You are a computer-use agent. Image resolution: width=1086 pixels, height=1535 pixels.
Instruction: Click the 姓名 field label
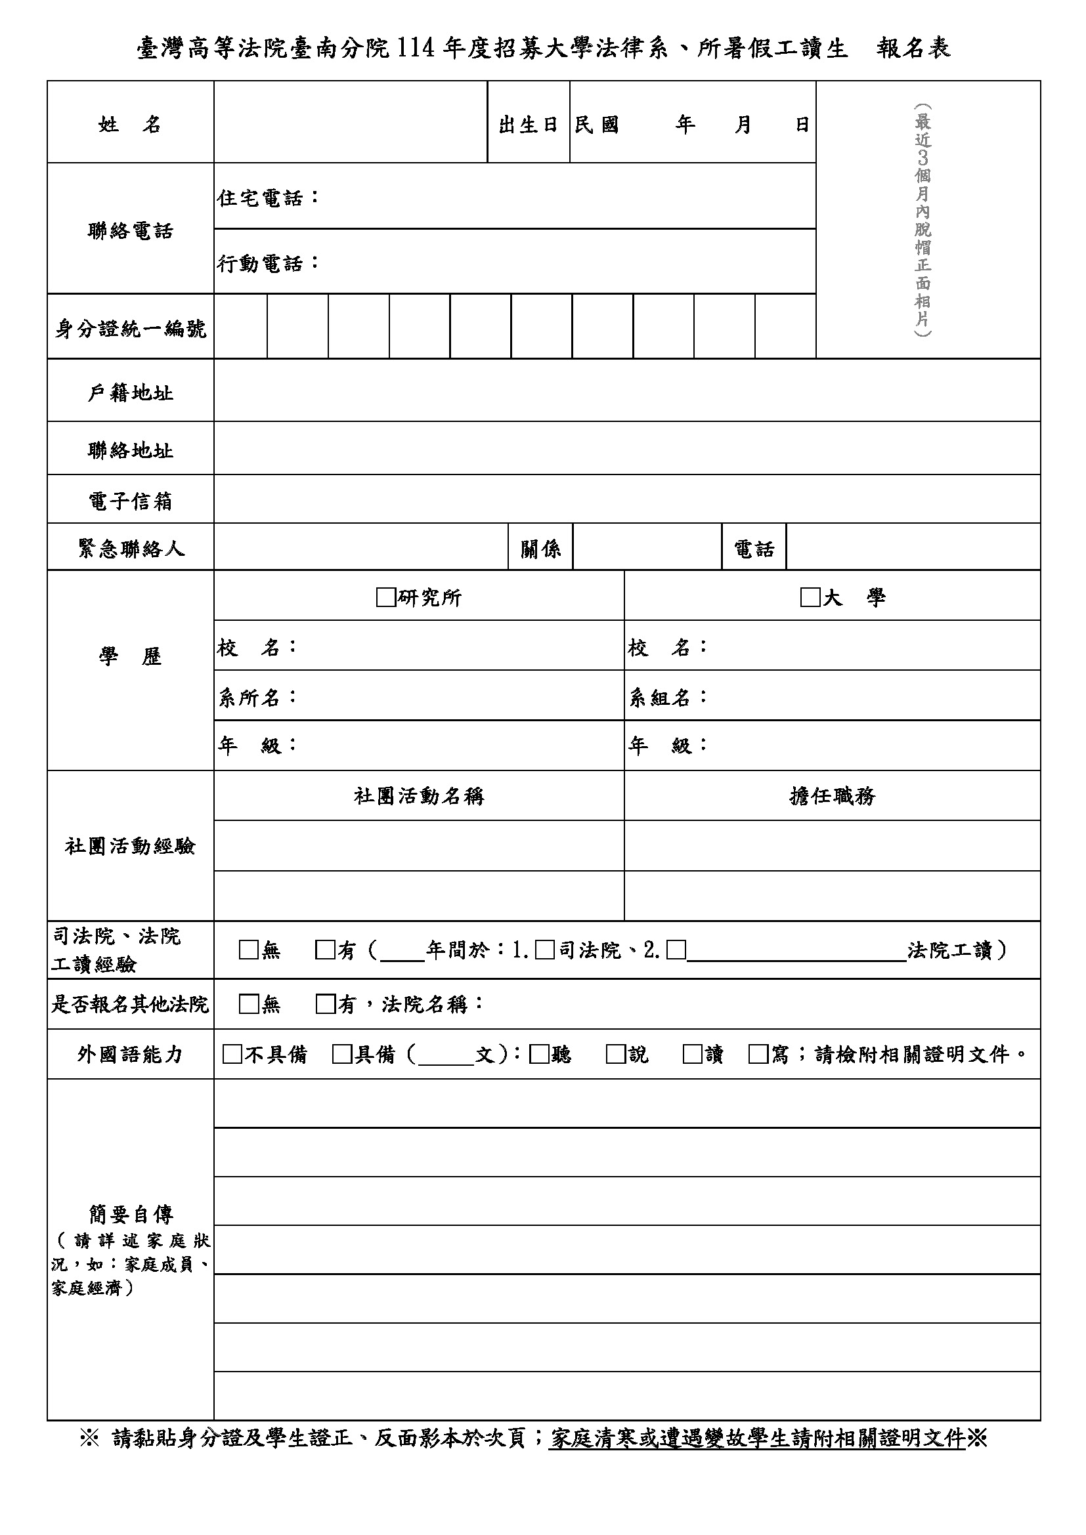click(x=130, y=124)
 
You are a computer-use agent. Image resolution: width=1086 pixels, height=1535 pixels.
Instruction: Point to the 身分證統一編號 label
click(x=131, y=328)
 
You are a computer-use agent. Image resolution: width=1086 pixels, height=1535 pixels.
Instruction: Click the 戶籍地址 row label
click(x=131, y=392)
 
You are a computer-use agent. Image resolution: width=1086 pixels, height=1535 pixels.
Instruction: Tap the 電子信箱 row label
click(x=131, y=501)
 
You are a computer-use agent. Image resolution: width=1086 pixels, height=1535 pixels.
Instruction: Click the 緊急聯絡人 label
click(x=131, y=549)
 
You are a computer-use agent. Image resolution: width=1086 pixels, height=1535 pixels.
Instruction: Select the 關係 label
click(x=540, y=549)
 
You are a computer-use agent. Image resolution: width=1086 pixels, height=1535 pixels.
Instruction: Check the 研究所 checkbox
click(x=386, y=597)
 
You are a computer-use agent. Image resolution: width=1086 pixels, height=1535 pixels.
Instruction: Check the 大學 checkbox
click(x=810, y=597)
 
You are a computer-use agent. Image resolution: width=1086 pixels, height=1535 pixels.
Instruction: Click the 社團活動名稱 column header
click(x=419, y=795)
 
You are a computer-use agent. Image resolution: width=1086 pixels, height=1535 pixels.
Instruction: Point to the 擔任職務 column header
click(x=832, y=795)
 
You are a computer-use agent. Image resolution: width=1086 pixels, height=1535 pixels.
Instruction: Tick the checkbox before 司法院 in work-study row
click(x=545, y=950)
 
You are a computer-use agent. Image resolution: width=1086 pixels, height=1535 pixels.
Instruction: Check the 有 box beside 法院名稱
click(x=325, y=1004)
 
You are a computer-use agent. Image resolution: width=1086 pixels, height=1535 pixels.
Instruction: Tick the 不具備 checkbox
click(x=232, y=1055)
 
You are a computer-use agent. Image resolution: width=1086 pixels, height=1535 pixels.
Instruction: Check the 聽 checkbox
click(x=539, y=1055)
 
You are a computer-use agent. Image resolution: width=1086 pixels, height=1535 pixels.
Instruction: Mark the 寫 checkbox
click(x=758, y=1055)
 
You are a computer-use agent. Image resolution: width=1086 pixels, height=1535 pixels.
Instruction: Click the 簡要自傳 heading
click(x=131, y=1213)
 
